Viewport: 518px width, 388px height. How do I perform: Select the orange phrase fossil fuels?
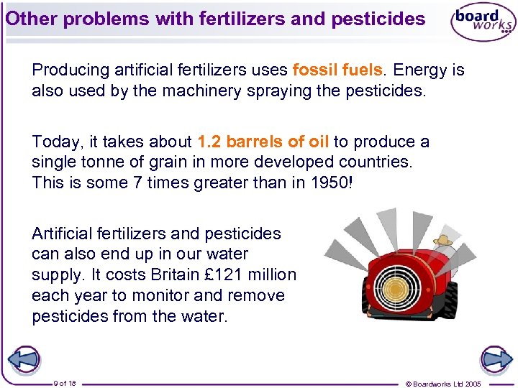[337, 70]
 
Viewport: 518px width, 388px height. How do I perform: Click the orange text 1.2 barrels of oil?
[262, 142]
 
